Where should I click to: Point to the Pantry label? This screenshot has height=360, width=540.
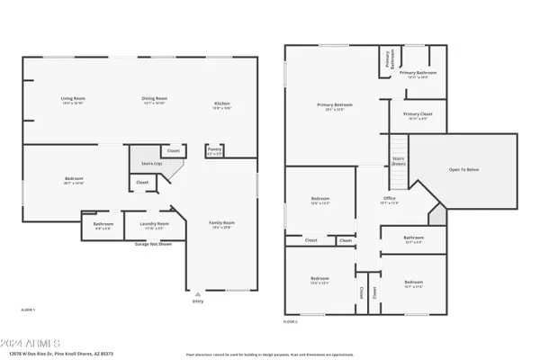[214, 150]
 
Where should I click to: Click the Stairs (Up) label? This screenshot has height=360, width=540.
[152, 164]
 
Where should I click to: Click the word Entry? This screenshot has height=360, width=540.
[198, 303]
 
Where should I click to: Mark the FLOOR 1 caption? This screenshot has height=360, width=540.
[28, 310]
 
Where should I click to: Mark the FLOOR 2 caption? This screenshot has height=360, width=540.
[291, 321]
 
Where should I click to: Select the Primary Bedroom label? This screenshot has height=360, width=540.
[335, 105]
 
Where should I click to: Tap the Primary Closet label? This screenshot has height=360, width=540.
[417, 114]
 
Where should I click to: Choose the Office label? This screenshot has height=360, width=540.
[389, 199]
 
